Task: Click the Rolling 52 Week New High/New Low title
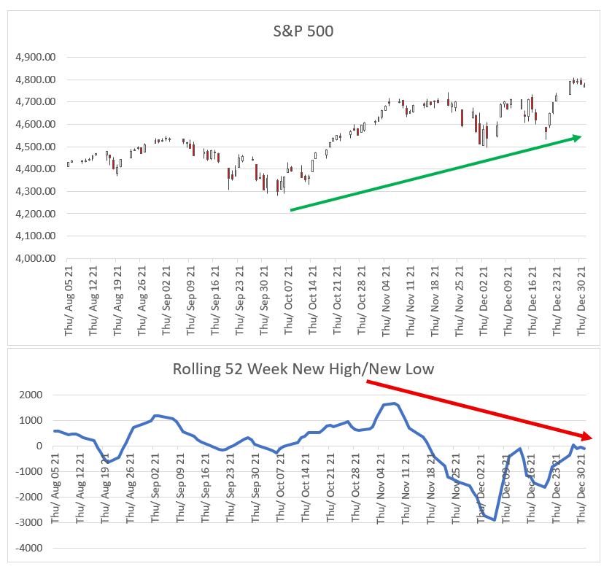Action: (x=303, y=368)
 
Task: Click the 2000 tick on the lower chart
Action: (x=30, y=395)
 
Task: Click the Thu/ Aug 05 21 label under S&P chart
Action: (x=68, y=300)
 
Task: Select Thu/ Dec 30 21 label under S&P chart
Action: (x=582, y=300)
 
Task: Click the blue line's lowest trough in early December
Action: (x=495, y=520)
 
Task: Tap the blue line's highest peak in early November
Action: (x=395, y=403)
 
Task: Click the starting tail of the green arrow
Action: (x=291, y=210)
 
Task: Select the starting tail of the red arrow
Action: (x=367, y=381)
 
